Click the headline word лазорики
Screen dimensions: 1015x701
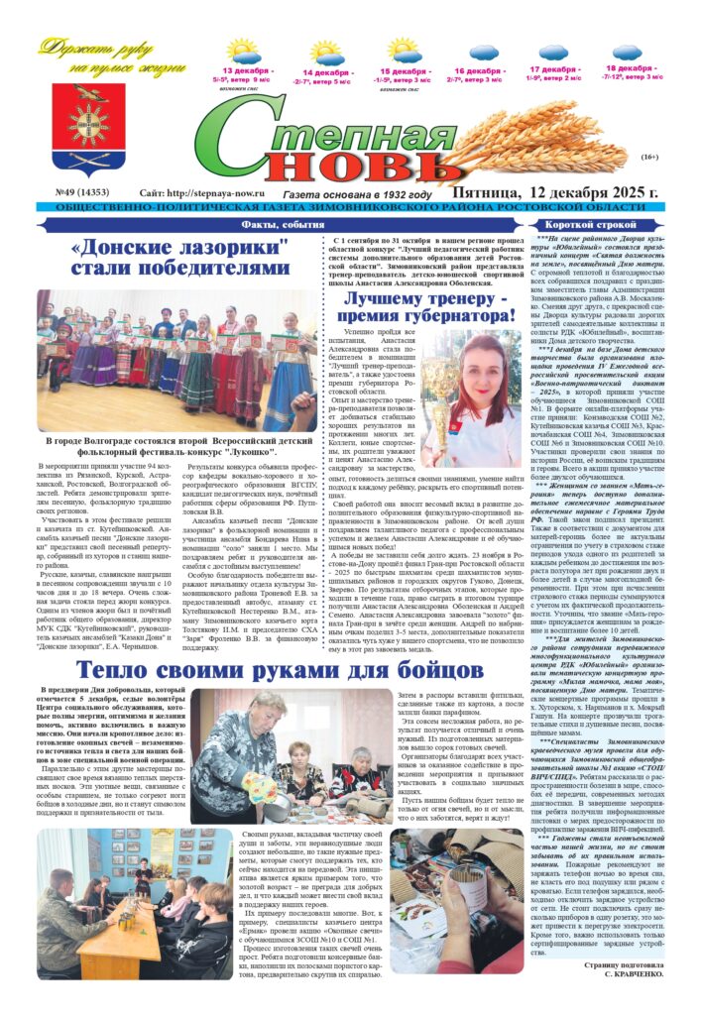[229, 248]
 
